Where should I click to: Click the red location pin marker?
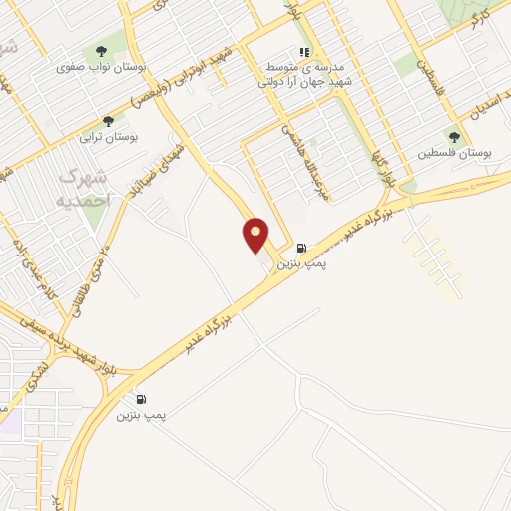(x=256, y=235)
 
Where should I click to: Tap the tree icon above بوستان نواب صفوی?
(x=101, y=51)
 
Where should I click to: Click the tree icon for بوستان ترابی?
(x=109, y=120)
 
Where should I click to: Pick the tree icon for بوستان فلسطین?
(x=454, y=138)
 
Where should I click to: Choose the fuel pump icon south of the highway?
(x=141, y=399)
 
